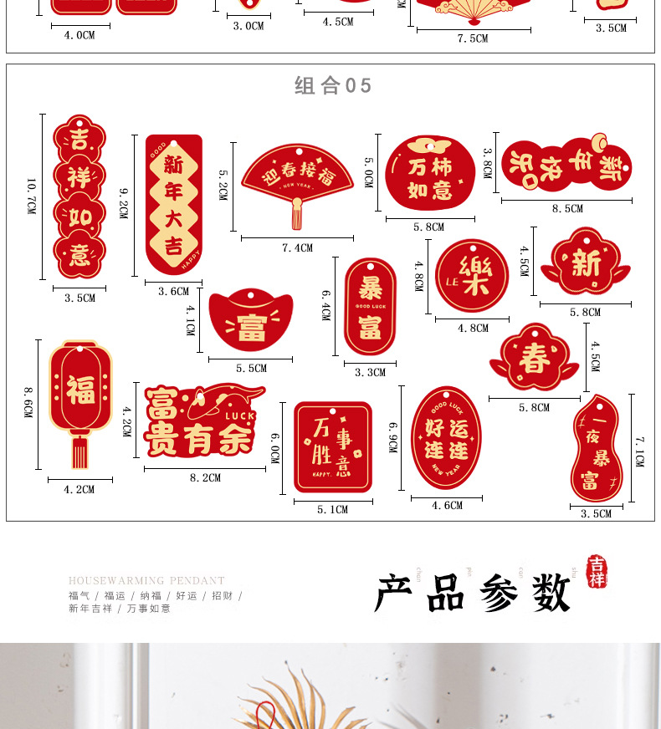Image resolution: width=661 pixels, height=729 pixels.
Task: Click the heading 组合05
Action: (332, 86)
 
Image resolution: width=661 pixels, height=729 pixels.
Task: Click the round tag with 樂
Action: (471, 276)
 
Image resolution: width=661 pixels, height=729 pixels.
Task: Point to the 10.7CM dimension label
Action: (31, 196)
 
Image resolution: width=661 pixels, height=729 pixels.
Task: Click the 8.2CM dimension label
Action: (205, 478)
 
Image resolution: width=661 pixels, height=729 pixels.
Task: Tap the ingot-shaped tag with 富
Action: (250, 321)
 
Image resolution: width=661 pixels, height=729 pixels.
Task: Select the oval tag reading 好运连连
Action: (446, 441)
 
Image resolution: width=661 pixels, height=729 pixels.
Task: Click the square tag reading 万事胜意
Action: (332, 448)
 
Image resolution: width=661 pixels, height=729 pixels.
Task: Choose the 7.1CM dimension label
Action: (639, 451)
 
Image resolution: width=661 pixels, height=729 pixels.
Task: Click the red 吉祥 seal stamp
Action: (597, 572)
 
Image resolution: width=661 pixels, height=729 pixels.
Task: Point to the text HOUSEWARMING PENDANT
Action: (146, 580)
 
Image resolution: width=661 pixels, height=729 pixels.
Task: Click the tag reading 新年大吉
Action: (173, 203)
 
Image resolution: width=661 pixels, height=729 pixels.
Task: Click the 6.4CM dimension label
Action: (327, 305)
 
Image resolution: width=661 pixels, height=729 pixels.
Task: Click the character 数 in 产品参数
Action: (550, 593)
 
